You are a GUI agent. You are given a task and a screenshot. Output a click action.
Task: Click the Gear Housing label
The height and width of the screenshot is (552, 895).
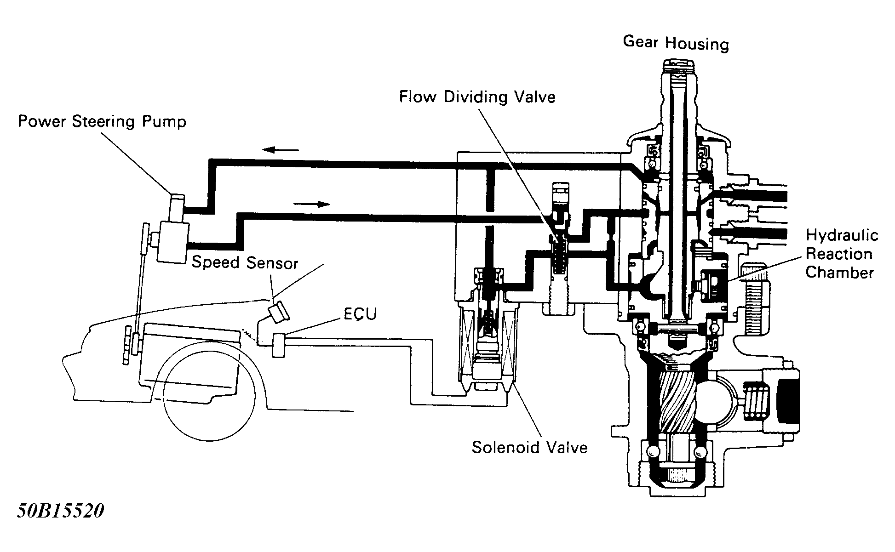coord(676,43)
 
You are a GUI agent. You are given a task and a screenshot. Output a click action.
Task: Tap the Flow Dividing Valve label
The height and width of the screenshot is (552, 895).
coord(477,97)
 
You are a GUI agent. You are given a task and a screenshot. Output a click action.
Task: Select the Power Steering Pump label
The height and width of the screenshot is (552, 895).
coord(102,122)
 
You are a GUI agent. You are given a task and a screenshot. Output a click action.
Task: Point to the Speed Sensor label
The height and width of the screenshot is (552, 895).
coord(245,262)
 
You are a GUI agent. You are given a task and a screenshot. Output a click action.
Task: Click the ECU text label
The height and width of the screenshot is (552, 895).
coord(360,314)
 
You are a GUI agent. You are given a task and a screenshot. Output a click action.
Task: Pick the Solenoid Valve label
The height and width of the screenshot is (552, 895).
coord(529,447)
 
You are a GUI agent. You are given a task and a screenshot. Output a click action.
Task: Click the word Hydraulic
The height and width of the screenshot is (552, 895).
coord(842,235)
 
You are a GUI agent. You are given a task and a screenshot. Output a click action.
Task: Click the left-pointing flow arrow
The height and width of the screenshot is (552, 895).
coord(281,149)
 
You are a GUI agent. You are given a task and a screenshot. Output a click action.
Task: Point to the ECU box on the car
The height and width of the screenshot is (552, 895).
coord(279,346)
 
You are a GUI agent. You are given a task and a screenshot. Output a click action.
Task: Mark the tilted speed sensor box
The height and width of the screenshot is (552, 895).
coord(279,312)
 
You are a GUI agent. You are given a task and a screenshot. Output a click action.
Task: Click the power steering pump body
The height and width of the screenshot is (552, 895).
coord(172,241)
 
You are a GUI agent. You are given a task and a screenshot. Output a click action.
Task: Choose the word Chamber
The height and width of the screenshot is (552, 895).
coord(839,273)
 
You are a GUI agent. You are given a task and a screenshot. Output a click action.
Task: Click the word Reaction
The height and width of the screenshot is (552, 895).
coord(839,254)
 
